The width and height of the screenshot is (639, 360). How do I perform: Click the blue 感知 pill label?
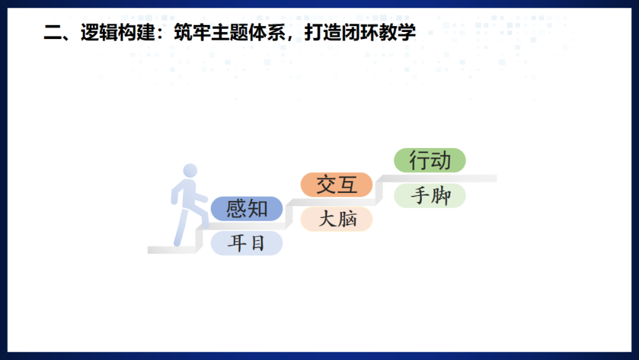point(247,208)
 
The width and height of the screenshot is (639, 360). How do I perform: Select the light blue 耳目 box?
point(247,243)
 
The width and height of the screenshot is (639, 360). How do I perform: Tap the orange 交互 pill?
point(337,185)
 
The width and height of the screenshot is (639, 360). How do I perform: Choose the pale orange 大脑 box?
point(337,220)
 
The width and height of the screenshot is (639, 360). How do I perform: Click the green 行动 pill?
point(430,160)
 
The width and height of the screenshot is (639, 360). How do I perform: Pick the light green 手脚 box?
point(430,196)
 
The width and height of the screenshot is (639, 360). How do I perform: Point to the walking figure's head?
point(190,171)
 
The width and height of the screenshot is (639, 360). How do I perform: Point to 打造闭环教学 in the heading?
point(360,32)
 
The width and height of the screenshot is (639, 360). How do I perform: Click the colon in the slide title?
point(162,33)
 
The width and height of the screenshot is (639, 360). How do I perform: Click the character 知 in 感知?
point(257,208)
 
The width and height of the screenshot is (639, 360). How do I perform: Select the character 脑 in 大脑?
point(347,220)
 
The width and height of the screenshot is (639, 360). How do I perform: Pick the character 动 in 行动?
point(441,160)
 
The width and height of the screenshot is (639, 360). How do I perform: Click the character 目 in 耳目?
point(256,243)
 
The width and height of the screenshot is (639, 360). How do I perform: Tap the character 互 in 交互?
point(348,185)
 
